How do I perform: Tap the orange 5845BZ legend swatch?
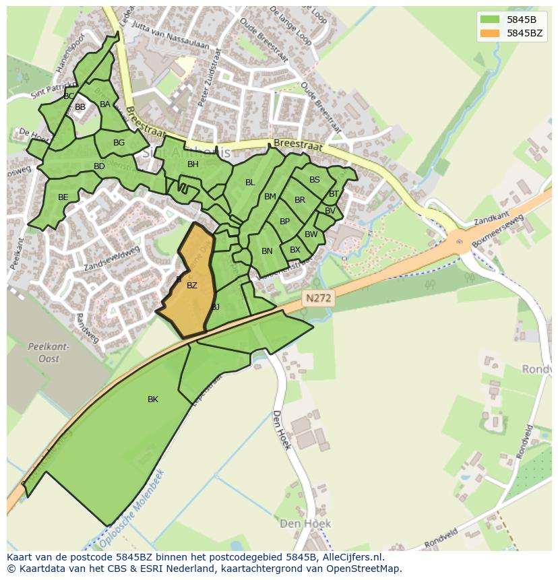[x=490, y=33]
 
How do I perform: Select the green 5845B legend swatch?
[x=490, y=19]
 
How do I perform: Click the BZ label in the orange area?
[x=192, y=286]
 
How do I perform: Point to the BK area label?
[x=153, y=399]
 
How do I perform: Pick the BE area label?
[x=63, y=197]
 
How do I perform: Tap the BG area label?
[x=119, y=143]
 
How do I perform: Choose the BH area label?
[x=193, y=164]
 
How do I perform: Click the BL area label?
[x=250, y=183]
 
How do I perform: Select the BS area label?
[x=315, y=180]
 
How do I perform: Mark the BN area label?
[x=267, y=251]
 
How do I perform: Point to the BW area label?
[x=311, y=234]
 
